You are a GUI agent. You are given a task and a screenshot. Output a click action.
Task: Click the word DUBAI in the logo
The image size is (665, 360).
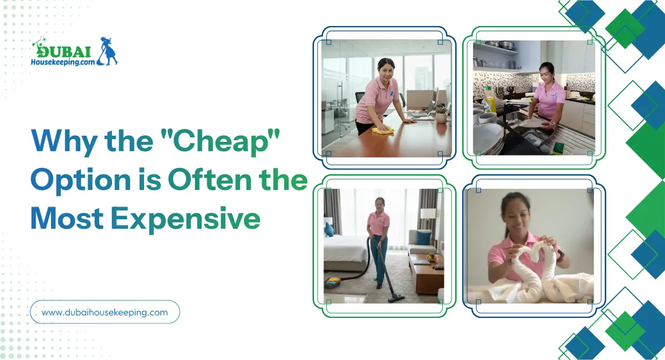(63, 52)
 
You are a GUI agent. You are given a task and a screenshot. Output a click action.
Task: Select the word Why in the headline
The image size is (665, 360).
(64, 141)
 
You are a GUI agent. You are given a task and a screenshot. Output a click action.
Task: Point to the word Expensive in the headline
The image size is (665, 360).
(186, 219)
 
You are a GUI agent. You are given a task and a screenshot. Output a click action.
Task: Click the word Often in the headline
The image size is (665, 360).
(210, 179)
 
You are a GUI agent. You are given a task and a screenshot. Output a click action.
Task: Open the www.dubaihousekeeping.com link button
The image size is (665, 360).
(105, 312)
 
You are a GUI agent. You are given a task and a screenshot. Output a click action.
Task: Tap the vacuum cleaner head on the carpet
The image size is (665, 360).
(396, 296)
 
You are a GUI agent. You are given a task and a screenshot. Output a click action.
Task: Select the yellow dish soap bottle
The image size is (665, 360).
(490, 99)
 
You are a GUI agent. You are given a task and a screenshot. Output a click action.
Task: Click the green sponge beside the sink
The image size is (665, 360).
(559, 147)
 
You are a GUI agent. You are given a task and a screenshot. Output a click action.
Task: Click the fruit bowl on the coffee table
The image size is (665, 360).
(431, 258)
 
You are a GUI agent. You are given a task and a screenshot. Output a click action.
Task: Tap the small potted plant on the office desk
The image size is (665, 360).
(441, 114)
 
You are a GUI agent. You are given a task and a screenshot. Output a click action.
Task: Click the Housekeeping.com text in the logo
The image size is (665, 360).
(63, 61)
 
